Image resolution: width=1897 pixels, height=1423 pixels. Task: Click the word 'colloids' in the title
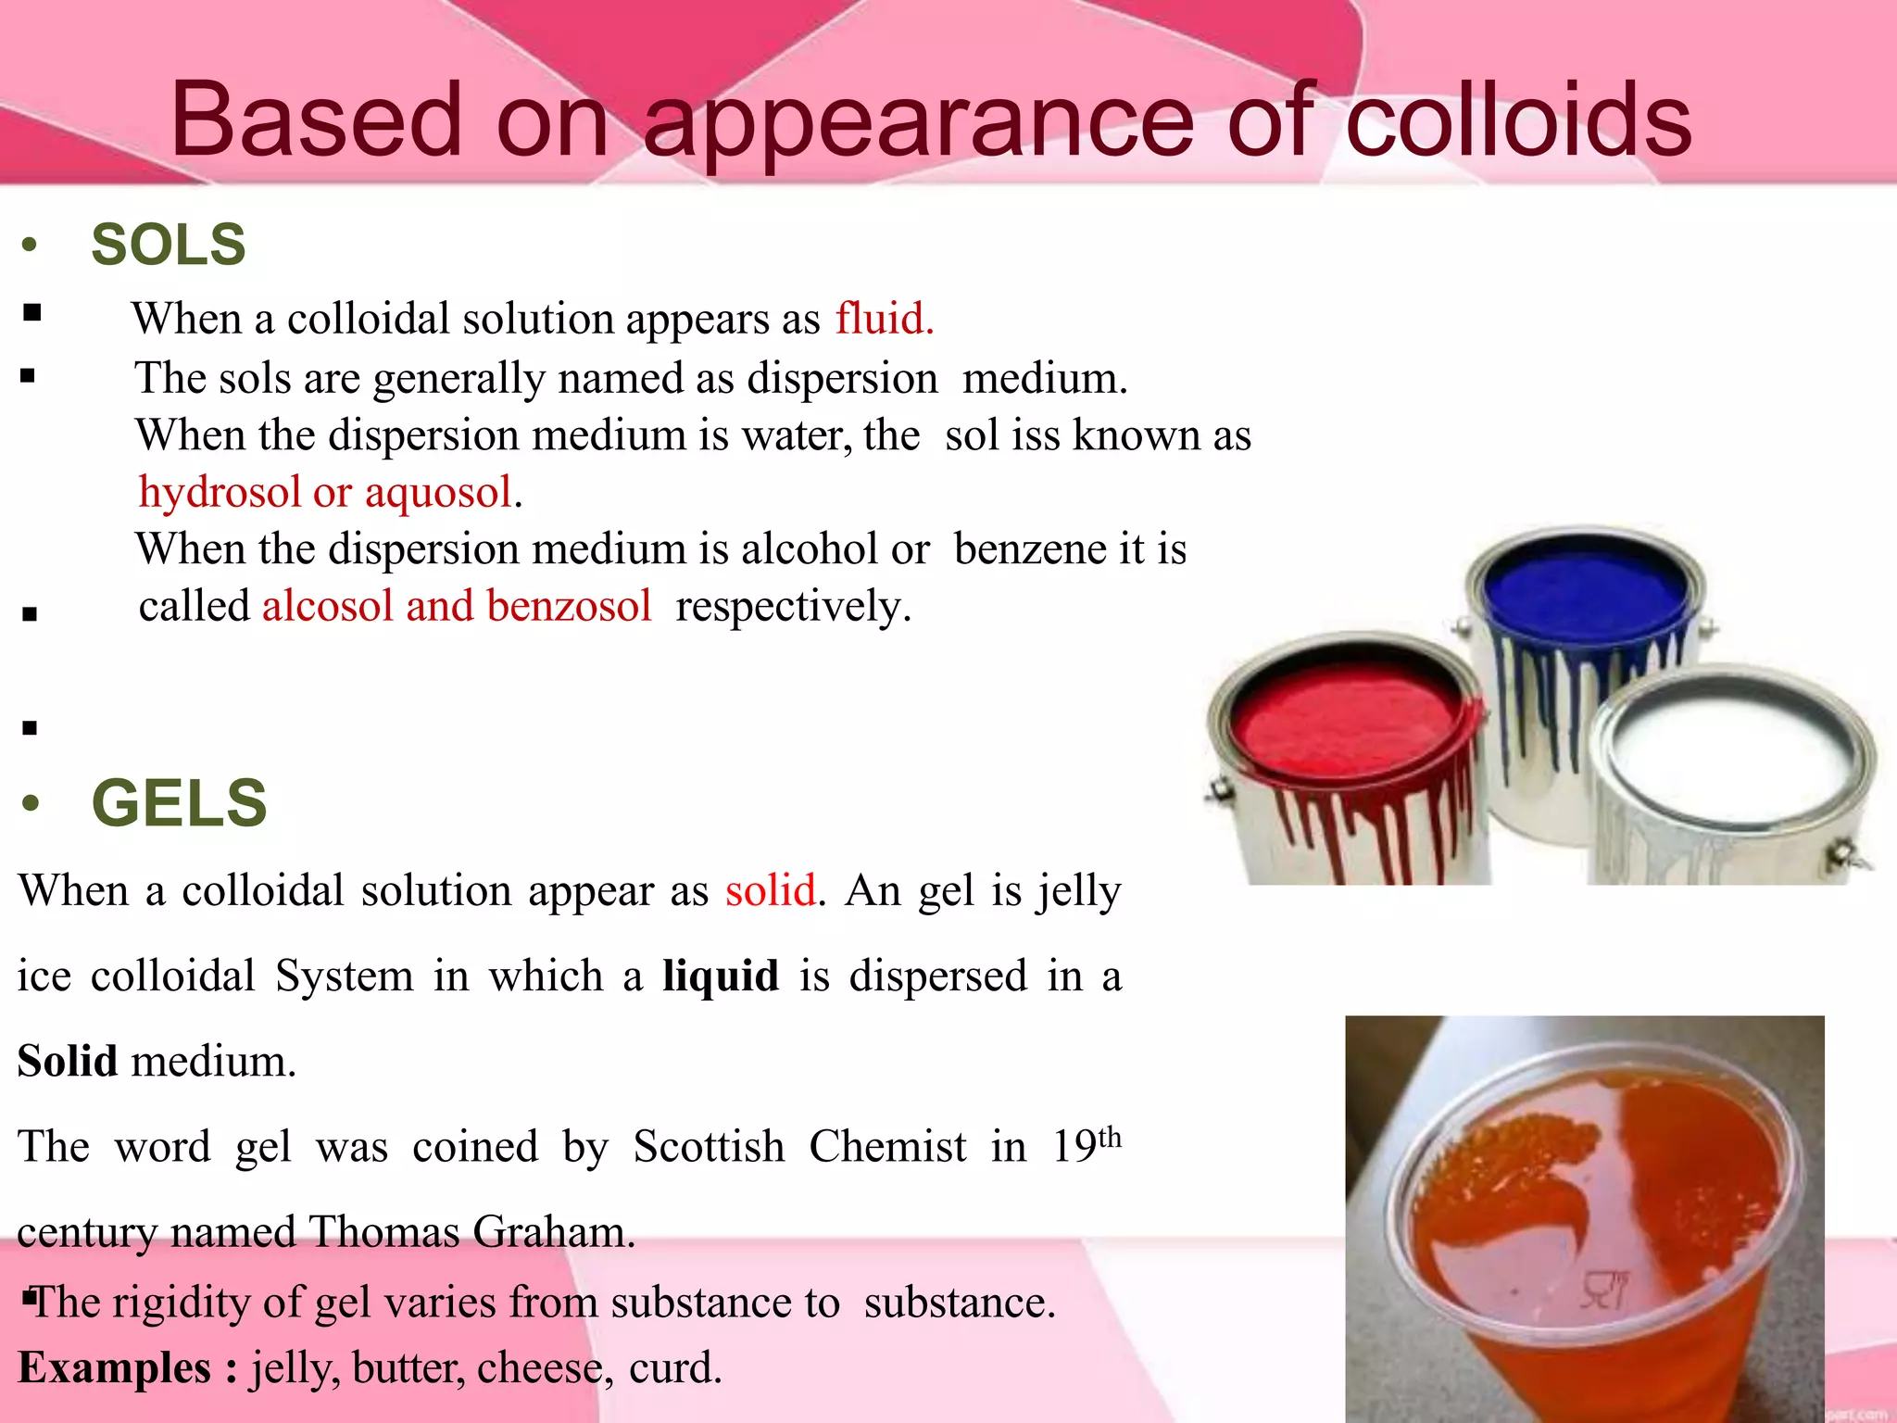click(x=1517, y=120)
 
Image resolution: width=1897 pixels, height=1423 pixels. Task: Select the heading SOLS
click(x=168, y=246)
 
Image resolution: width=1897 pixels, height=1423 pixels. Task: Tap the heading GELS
click(x=179, y=803)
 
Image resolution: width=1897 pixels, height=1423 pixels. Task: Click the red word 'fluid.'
click(x=885, y=319)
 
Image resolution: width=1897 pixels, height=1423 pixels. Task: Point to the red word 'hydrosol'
click(x=220, y=492)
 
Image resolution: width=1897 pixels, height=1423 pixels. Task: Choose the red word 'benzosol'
click(x=569, y=607)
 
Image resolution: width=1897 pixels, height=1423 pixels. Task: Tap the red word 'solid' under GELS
click(x=771, y=891)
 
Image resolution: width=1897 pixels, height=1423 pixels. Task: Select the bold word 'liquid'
click(x=720, y=976)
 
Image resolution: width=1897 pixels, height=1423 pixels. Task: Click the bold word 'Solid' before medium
click(x=68, y=1062)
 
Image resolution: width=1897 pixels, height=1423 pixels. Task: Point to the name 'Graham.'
click(x=554, y=1233)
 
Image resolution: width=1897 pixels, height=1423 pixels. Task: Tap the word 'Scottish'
click(x=709, y=1148)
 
